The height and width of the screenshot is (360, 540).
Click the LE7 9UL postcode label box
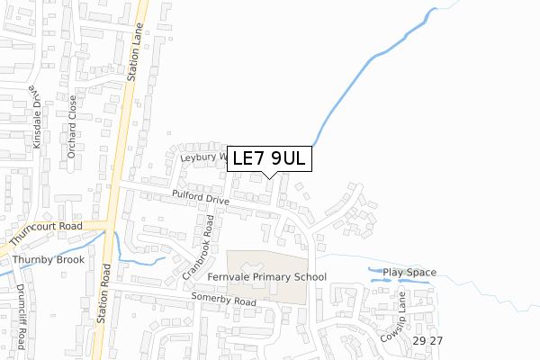click(x=270, y=159)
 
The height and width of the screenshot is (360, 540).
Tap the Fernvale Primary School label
click(x=266, y=277)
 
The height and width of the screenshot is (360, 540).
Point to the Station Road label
click(x=107, y=293)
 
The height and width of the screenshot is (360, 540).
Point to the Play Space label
click(x=409, y=273)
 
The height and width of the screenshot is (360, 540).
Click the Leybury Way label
click(x=203, y=156)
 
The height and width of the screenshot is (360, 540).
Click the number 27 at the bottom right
click(x=436, y=342)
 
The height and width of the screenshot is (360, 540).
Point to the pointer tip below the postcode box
click(x=271, y=178)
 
